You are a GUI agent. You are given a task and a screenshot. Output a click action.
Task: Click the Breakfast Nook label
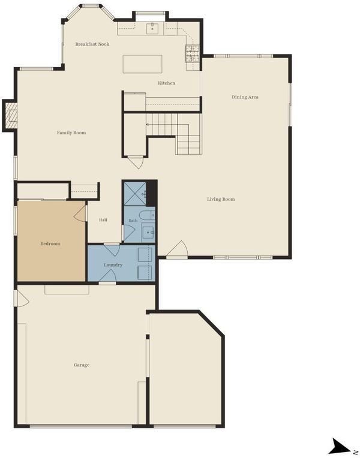click(x=92, y=44)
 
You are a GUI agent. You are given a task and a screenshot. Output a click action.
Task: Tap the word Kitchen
click(x=166, y=83)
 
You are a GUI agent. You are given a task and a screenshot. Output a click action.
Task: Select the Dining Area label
click(x=245, y=97)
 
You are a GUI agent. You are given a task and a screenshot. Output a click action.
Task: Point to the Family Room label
click(x=71, y=132)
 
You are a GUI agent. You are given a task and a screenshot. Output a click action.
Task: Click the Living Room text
click(x=221, y=199)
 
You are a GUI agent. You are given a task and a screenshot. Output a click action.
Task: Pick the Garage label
click(x=82, y=365)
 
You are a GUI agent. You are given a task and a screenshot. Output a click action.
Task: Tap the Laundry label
click(x=113, y=265)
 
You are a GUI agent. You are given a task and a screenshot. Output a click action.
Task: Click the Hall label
click(x=103, y=220)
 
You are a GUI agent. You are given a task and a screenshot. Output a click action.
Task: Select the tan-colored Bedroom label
click(x=50, y=243)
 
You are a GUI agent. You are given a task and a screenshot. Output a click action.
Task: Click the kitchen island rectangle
click(x=142, y=64)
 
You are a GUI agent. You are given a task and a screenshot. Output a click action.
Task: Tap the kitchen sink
click(x=152, y=29)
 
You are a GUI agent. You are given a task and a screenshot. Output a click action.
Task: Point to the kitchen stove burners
click(x=192, y=54)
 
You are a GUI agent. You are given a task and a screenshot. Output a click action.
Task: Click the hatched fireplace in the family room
click(x=11, y=116)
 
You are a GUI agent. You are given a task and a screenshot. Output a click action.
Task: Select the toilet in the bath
click(x=147, y=215)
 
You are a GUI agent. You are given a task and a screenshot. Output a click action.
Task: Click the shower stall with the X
click(x=135, y=194)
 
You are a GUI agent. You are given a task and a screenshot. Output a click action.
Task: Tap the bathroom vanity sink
click(x=148, y=233)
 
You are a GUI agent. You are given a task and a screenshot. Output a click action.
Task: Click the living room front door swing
click(x=178, y=249)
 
